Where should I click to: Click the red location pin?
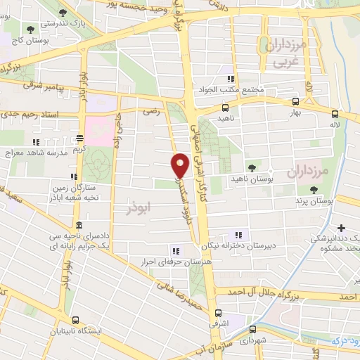tap(181, 165)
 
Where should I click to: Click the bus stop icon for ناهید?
tap(225, 108)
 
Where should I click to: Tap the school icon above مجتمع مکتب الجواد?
tap(231, 79)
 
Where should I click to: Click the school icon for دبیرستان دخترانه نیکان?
tap(238, 235)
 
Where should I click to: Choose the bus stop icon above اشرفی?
tap(218, 313)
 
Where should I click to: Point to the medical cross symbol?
tap(342, 228)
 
